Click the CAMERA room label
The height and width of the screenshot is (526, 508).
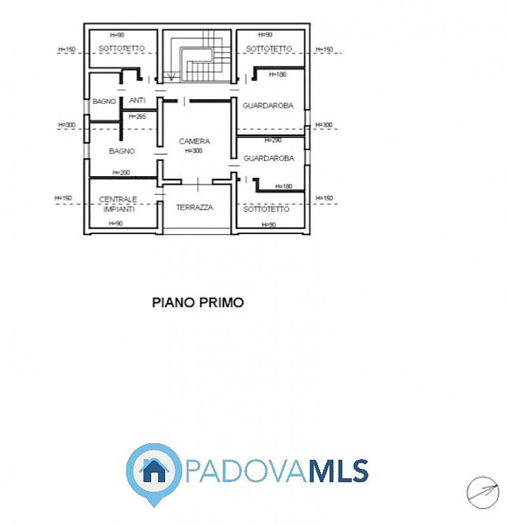[x=194, y=141]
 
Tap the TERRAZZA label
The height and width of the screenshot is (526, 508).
[x=195, y=207]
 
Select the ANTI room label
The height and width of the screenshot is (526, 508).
[x=137, y=101]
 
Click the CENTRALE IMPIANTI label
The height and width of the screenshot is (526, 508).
[x=118, y=204]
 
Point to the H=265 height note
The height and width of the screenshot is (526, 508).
[x=137, y=116]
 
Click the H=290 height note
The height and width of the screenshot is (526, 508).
[x=273, y=140]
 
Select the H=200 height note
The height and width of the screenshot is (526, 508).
[x=121, y=172]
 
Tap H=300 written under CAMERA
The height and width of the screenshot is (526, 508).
[x=194, y=151]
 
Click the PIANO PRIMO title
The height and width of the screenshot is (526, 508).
[x=198, y=302]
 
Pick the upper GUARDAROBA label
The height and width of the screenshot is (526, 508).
[x=268, y=106]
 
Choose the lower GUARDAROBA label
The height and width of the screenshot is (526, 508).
[x=268, y=158]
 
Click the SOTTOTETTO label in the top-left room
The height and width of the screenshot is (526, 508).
[x=122, y=49]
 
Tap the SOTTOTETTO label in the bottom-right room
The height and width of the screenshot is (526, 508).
[x=266, y=209]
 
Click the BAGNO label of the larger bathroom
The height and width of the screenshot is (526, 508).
[x=122, y=151]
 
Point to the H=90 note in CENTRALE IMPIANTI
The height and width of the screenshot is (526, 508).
[x=115, y=224]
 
